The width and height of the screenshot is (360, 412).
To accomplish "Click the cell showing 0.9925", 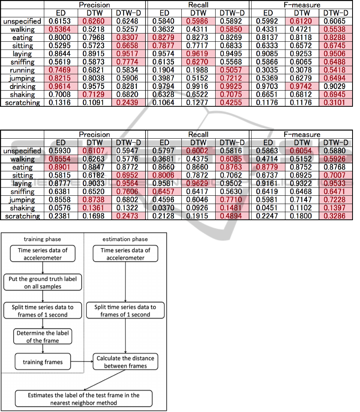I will pos(231,86).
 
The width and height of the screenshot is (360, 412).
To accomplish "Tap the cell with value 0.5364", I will pos(61,29).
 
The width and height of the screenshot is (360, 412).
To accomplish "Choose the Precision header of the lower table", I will pos(94,135).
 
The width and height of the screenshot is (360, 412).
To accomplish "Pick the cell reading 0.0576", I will pos(61,208).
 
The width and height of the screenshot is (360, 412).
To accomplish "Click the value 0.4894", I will pos(231,216).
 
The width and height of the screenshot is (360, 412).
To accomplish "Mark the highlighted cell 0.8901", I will pos(61,167).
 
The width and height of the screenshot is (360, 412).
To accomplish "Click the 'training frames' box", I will pos(43,362).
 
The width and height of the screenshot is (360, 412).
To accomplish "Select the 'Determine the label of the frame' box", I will pos(43,337).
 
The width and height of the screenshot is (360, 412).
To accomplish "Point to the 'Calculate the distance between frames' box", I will pos(126,362).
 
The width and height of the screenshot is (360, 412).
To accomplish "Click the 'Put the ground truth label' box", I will pos(43,282).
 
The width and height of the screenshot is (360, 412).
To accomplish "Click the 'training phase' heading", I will pos(42,239).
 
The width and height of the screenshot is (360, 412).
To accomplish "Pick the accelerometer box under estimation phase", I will pos(126,254).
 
